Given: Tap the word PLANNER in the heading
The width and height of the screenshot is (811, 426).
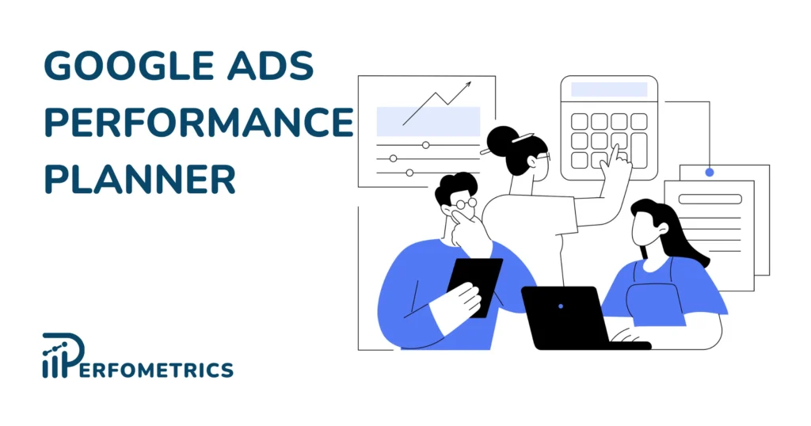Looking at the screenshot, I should pyautogui.click(x=139, y=179).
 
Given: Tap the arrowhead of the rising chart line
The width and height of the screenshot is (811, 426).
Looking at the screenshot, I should pyautogui.click(x=467, y=84).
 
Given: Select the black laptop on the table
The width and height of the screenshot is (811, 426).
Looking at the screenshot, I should pyautogui.click(x=564, y=315).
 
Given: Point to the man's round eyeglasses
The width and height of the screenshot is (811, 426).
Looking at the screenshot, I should pyautogui.click(x=464, y=204).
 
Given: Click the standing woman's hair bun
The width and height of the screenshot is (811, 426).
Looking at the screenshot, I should pyautogui.click(x=501, y=141).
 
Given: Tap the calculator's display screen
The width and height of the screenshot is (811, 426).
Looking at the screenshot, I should pyautogui.click(x=608, y=90).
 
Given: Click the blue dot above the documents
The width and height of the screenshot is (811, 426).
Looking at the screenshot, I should pyautogui.click(x=710, y=172).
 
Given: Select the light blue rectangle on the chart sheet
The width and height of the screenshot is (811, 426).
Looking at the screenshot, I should pyautogui.click(x=428, y=121).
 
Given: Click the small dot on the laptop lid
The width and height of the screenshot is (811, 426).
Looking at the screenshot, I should pyautogui.click(x=561, y=306).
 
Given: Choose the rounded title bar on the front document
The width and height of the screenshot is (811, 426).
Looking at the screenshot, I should pyautogui.click(x=710, y=199).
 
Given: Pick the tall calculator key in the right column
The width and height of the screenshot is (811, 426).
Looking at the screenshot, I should pyautogui.click(x=639, y=150).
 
